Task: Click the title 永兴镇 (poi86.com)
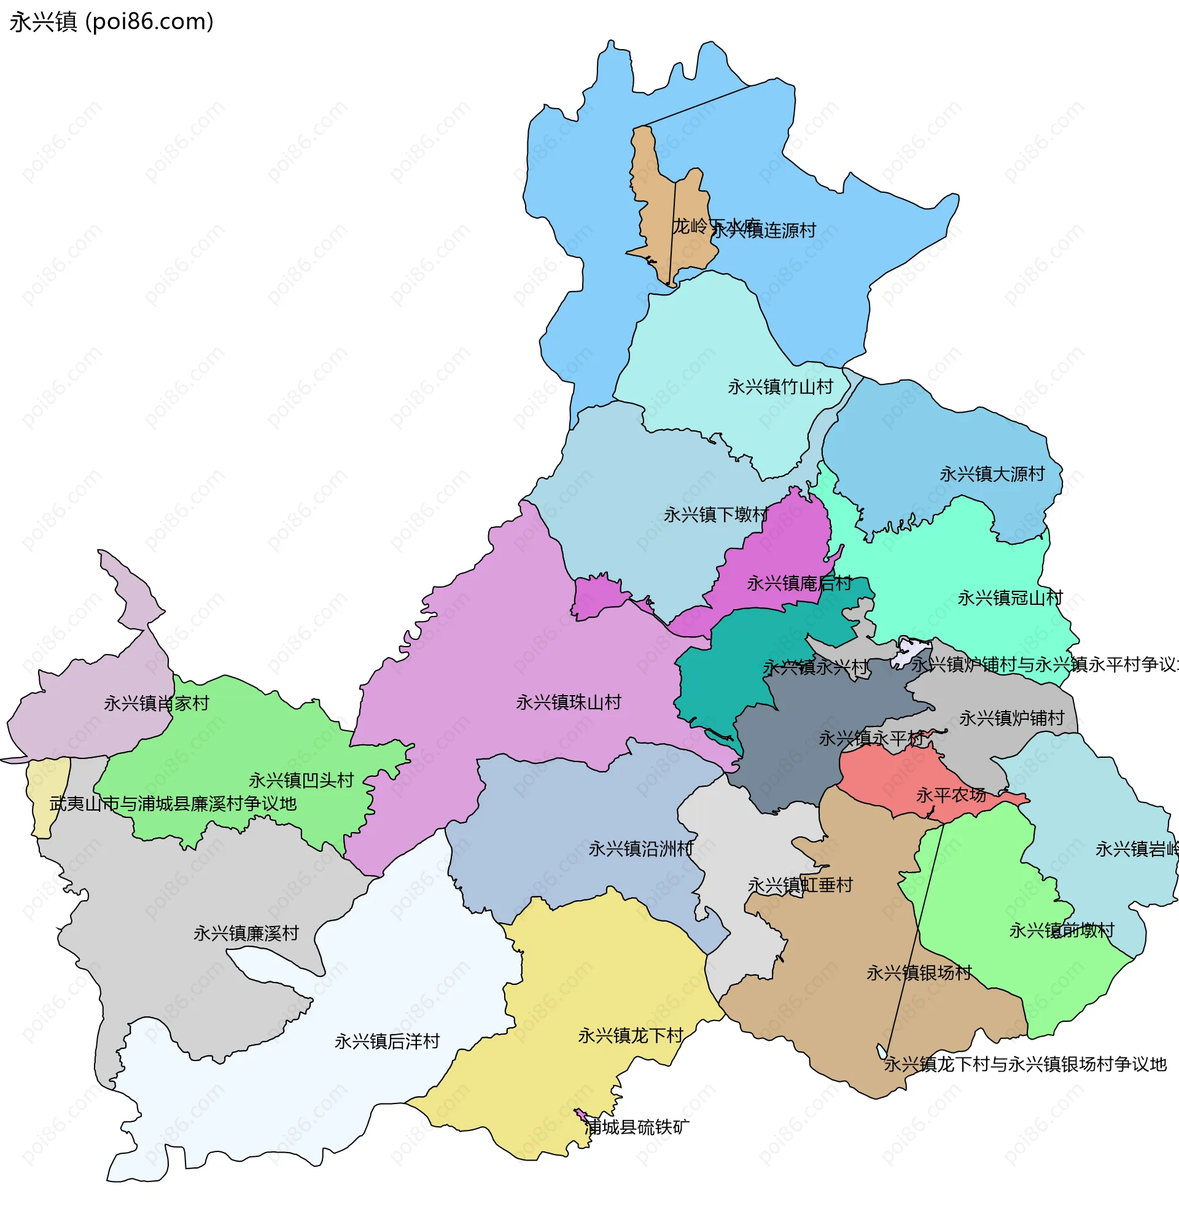point(112,22)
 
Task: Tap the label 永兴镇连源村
point(764,231)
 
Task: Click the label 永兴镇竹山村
point(780,387)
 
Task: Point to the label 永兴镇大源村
point(992,474)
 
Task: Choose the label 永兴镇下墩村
point(716,515)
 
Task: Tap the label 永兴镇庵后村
point(799,583)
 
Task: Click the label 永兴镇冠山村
point(1010,598)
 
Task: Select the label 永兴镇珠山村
point(568,702)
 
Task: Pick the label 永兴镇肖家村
point(157,703)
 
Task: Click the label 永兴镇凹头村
point(301,780)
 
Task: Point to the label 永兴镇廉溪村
point(246,933)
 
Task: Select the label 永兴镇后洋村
point(387,1041)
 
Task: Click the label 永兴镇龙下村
point(631,1035)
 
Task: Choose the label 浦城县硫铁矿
point(637,1127)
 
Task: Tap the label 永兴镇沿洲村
point(641,849)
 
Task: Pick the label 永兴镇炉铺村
point(1011,718)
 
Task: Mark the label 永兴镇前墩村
point(1061,931)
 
